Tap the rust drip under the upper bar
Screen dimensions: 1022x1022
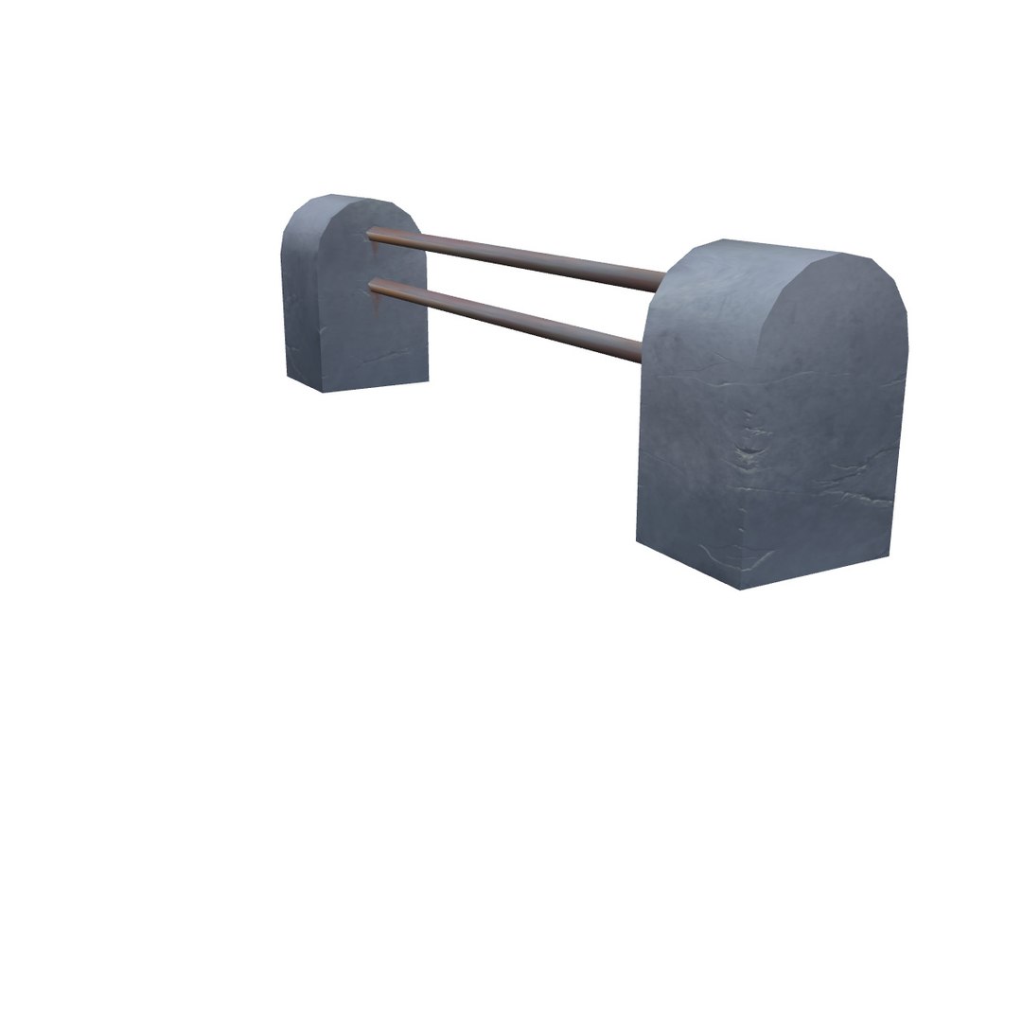pos(376,248)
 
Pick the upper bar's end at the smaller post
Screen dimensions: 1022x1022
pos(371,231)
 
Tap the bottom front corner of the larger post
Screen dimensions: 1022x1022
pos(739,588)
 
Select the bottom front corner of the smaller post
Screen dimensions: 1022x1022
pos(325,391)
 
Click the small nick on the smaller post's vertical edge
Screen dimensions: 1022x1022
pos(321,331)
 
